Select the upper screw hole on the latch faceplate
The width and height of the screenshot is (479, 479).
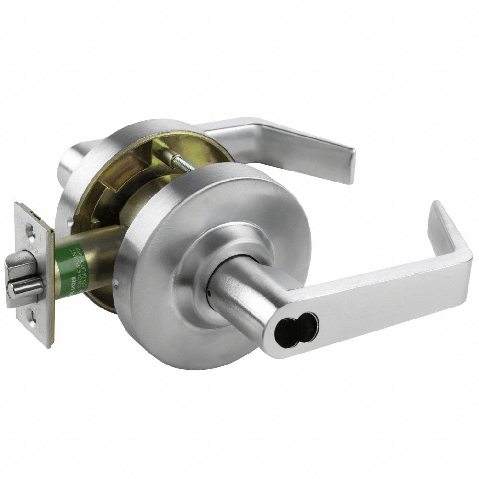click(x=31, y=232)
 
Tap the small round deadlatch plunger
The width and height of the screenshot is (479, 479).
click(x=24, y=286)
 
